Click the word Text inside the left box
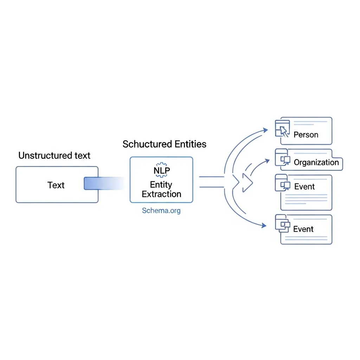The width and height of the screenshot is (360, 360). click(56, 185)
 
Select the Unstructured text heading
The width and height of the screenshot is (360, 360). click(54, 155)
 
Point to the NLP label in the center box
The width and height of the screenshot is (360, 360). click(161, 171)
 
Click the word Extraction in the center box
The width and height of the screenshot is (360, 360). click(161, 194)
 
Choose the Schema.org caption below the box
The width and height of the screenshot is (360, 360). click(161, 211)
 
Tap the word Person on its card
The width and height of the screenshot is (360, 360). click(306, 135)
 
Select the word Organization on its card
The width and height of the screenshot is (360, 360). click(316, 162)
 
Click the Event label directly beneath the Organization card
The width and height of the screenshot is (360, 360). click(304, 187)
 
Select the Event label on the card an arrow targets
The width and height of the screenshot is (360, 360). click(303, 229)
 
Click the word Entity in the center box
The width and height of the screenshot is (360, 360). click(161, 185)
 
